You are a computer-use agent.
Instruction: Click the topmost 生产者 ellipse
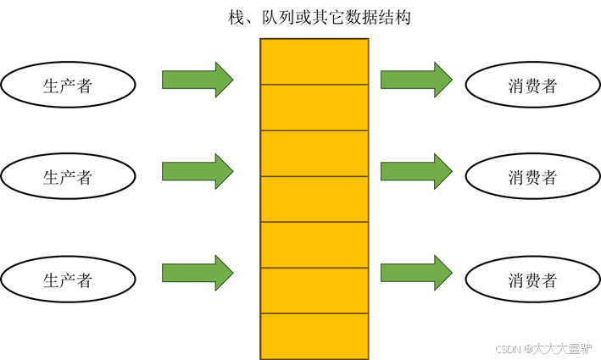click(x=68, y=86)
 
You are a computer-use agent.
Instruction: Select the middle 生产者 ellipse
click(x=68, y=177)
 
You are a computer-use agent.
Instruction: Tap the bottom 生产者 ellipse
click(x=68, y=280)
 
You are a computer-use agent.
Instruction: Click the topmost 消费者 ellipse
click(x=532, y=86)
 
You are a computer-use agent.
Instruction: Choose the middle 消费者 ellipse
click(x=532, y=177)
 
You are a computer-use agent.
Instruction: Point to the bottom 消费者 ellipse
click(x=532, y=280)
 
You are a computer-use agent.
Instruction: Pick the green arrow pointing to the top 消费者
click(x=416, y=80)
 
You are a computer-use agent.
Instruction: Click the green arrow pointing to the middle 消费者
click(x=416, y=171)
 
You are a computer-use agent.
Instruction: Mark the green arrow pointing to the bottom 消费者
click(x=416, y=273)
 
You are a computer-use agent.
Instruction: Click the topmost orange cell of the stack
click(x=314, y=62)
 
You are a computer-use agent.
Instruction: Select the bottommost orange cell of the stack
click(x=314, y=336)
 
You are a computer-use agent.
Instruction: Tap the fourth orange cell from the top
click(x=314, y=199)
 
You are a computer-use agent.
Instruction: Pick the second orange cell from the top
click(x=314, y=108)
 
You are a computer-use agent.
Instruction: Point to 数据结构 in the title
click(x=381, y=17)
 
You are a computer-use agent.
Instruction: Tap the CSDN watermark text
click(x=543, y=348)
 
